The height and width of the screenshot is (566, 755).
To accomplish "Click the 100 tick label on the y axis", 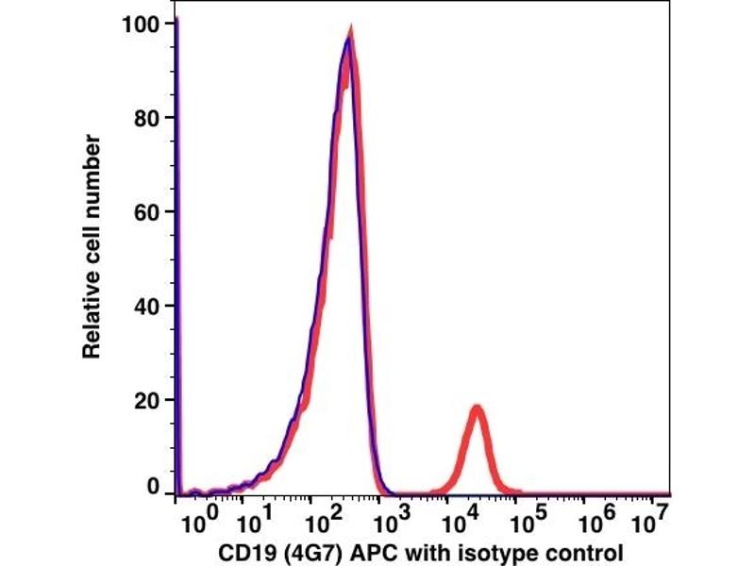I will click(x=142, y=23).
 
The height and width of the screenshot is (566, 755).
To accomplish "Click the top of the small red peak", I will click(x=477, y=408).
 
